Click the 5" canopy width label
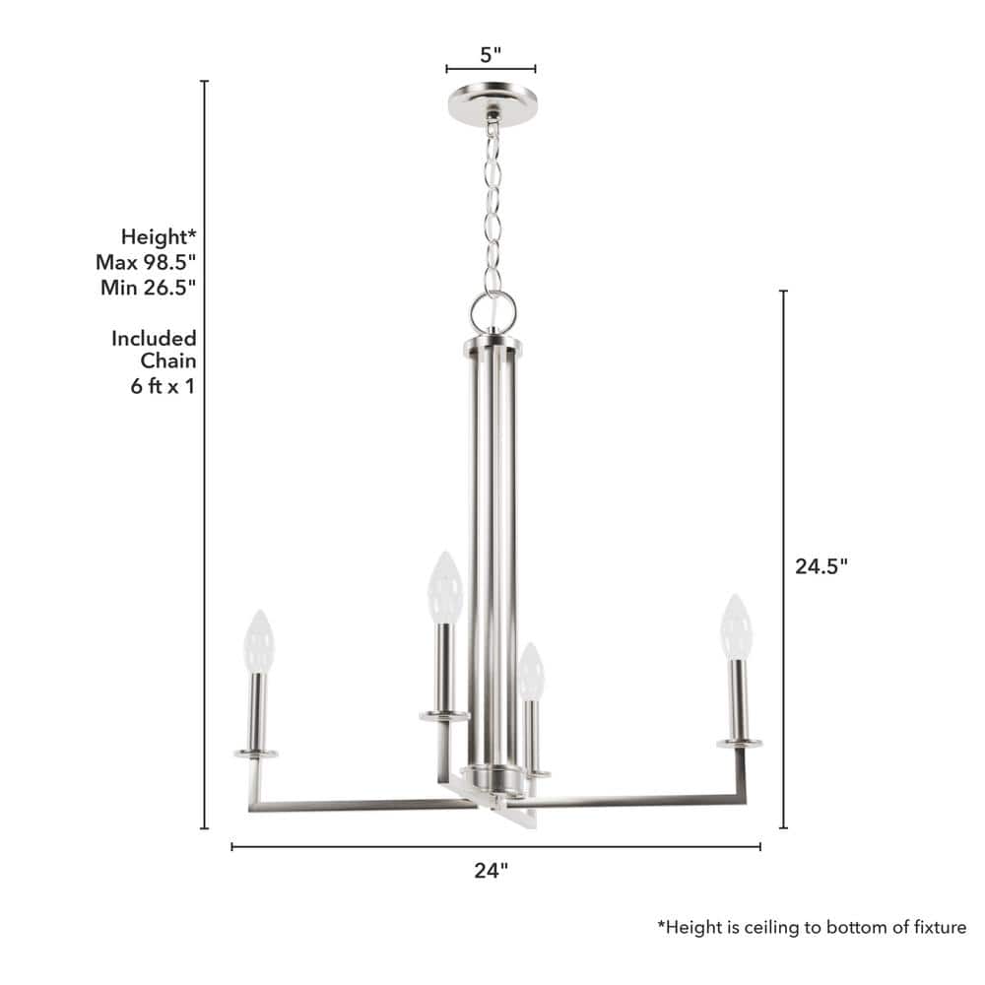(x=491, y=54)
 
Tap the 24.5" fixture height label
(x=821, y=566)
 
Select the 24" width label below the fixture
(x=491, y=870)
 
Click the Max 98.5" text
(x=146, y=262)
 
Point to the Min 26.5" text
(x=149, y=287)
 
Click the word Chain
(x=168, y=361)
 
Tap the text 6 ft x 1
(x=164, y=386)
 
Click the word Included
(x=154, y=338)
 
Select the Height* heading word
(x=159, y=236)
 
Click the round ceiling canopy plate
(x=492, y=104)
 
